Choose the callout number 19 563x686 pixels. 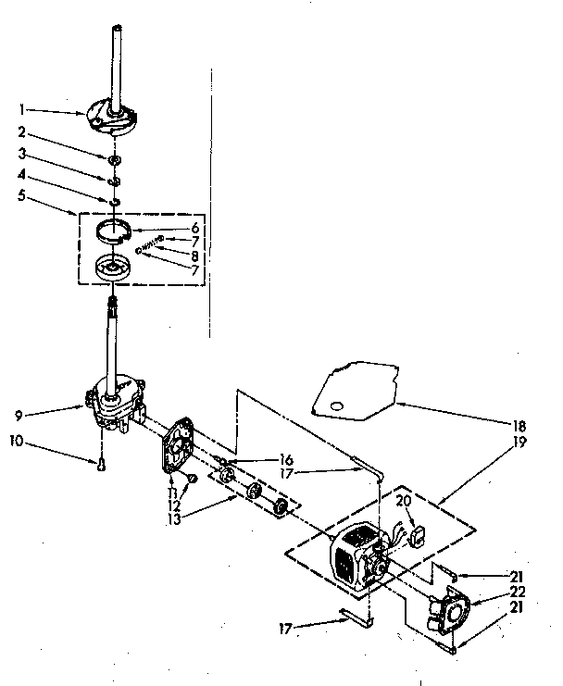pyautogui.click(x=521, y=442)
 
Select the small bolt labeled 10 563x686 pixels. pyautogui.click(x=100, y=465)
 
